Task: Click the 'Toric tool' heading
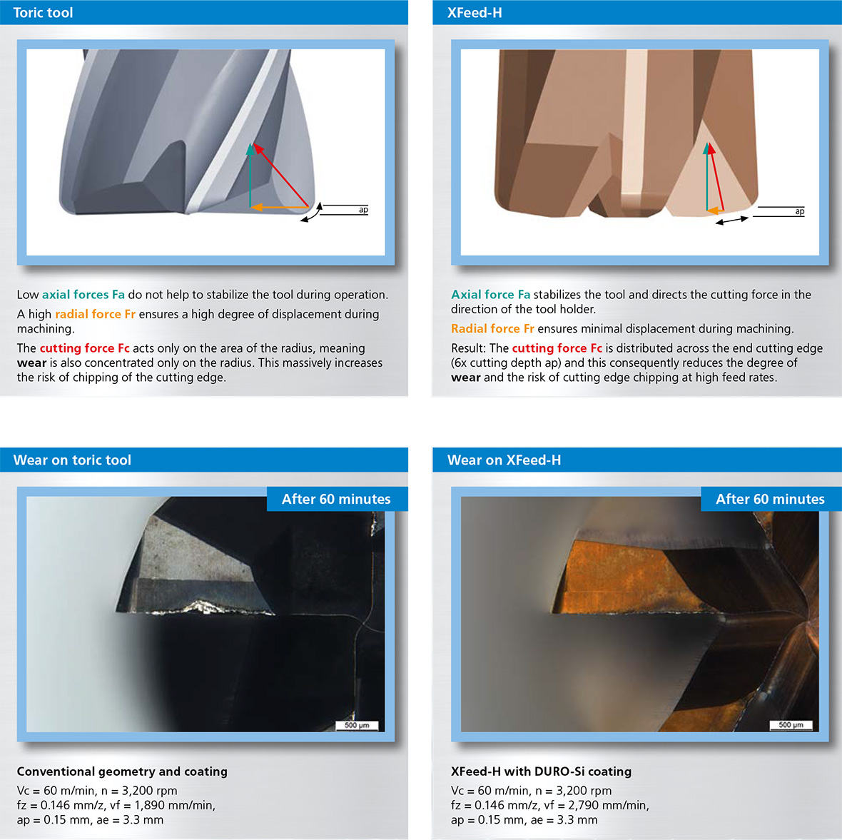43,12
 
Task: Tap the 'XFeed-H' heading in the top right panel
475,12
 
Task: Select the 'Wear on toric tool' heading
72,460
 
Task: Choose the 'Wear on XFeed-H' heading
504,460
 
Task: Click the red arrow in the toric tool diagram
281,175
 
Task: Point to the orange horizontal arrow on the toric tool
279,207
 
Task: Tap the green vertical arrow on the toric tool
250,175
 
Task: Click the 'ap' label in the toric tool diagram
363,209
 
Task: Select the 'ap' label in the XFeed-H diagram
800,211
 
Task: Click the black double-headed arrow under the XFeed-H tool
732,221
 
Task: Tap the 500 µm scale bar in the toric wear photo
357,726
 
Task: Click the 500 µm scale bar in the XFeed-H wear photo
791,725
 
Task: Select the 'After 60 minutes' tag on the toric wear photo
337,499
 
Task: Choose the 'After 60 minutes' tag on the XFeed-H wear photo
771,499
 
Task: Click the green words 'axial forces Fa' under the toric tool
83,294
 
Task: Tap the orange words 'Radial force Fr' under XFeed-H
492,328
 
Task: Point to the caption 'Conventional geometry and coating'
122,771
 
